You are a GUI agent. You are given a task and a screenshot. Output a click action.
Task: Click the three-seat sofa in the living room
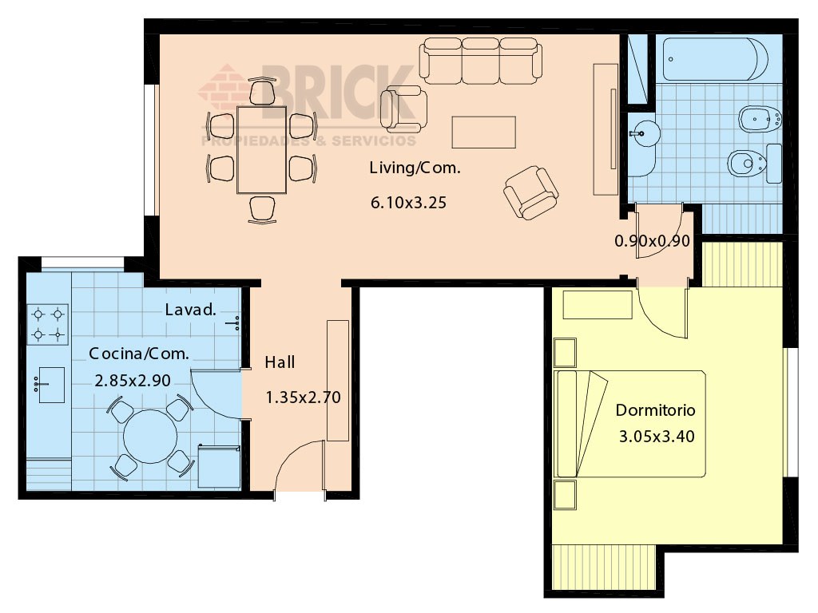coord(480,61)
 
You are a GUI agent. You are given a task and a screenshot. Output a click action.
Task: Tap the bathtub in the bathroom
coord(715,59)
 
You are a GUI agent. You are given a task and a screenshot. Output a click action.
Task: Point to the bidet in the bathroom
coord(760,120)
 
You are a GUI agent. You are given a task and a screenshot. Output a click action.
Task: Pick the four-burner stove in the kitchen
coord(47,324)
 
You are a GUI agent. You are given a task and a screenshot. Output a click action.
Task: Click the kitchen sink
coord(51,386)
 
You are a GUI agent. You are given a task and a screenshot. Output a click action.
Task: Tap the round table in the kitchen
coord(150,437)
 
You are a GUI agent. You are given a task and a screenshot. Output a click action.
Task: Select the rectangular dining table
coord(262,150)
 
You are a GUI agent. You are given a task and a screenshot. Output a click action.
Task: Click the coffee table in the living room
coord(483,132)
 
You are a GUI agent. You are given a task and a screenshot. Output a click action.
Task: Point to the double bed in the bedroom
coord(630,424)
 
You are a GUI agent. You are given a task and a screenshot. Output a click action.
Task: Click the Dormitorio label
coord(655,410)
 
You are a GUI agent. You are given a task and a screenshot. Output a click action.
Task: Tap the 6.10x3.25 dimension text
coord(408,202)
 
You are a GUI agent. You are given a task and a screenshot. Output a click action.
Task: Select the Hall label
coord(280,362)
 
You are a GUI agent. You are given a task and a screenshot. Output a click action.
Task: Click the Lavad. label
coord(190,310)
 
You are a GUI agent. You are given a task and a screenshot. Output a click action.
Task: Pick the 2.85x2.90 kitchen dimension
coord(133,381)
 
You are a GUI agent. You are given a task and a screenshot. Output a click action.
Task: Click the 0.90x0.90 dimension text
coord(652,241)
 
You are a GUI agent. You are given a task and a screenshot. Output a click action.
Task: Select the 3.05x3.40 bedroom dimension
coord(657,437)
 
